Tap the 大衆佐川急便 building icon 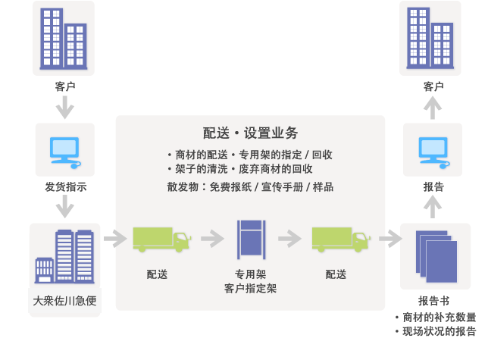click(x=64, y=256)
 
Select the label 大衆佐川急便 click(x=64, y=300)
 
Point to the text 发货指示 click(x=65, y=186)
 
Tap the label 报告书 click(x=434, y=301)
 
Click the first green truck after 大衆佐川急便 click(x=161, y=239)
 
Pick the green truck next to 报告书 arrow click(x=339, y=239)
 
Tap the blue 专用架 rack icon click(x=250, y=239)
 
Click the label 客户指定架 click(x=250, y=288)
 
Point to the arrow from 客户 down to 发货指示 click(x=65, y=108)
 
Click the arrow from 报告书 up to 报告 click(x=433, y=206)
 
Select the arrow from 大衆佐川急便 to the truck click(x=114, y=239)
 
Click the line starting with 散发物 click(x=250, y=186)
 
